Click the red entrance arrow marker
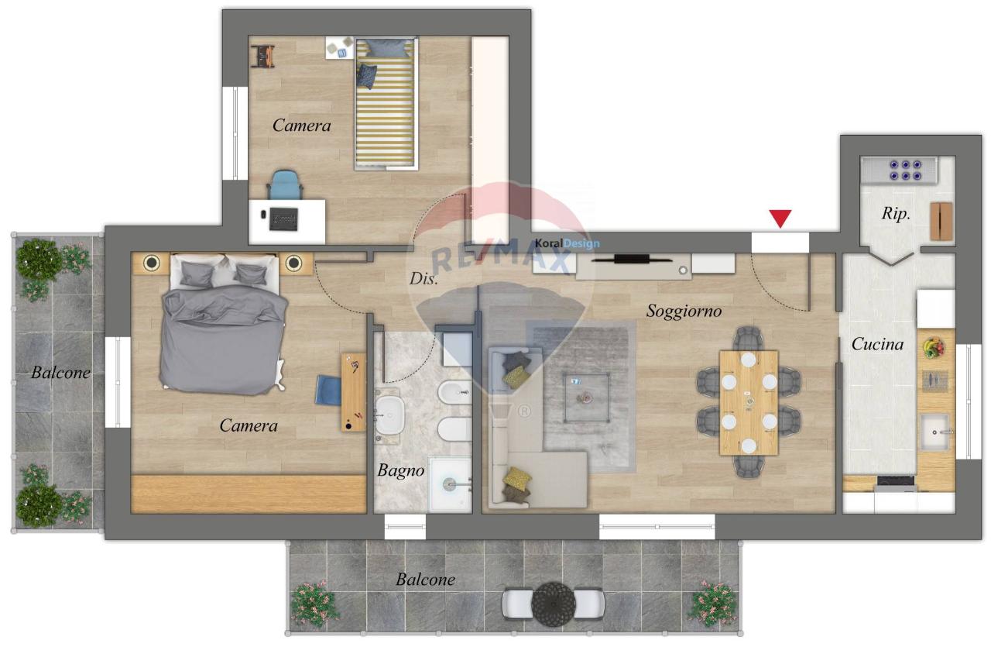point(780,219)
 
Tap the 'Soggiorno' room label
point(684,311)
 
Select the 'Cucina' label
point(877,344)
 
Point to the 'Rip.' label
point(896,214)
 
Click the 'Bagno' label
point(401,471)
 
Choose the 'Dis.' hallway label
point(423,278)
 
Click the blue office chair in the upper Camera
point(285,184)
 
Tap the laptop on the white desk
point(283,219)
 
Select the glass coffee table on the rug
point(587,397)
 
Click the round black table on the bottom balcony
point(553,604)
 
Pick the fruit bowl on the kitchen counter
point(934,347)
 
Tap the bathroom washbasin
point(389,415)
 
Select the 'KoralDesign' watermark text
point(568,243)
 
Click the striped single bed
point(386,104)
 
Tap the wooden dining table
point(749,403)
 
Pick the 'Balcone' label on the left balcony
point(60,373)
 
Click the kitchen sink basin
point(934,432)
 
